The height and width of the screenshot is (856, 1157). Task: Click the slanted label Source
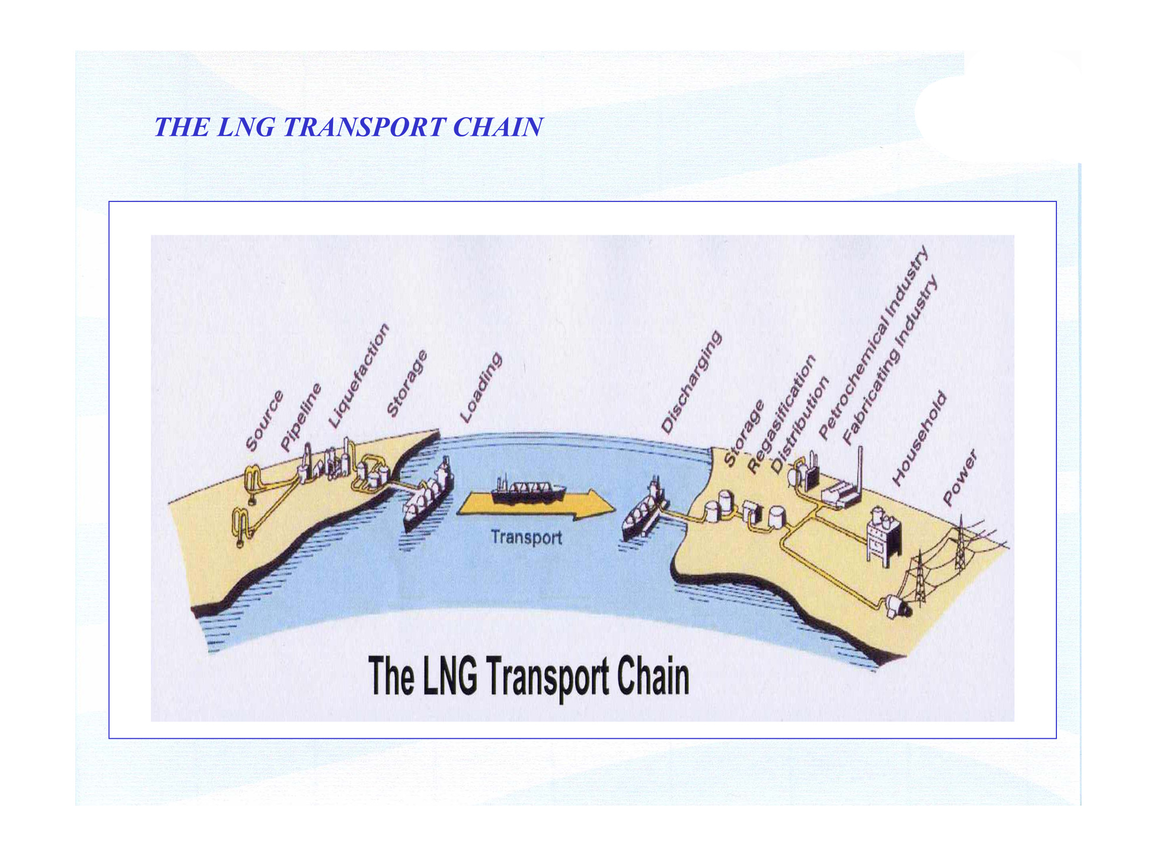pos(264,421)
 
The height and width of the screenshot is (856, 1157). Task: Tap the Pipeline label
pos(301,417)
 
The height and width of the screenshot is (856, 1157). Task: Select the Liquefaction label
pos(358,376)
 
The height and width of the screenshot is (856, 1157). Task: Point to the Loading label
pos(481,388)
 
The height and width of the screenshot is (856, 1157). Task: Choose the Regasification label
pos(782,414)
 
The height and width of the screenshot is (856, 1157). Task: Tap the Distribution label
pos(800,425)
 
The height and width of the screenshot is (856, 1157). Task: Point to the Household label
pos(920,439)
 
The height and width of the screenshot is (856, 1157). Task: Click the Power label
pos(960,477)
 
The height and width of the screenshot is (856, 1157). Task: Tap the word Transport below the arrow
pos(526,537)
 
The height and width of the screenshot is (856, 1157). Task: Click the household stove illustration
pos(883,536)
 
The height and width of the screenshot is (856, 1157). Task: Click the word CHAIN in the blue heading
pos(498,127)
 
